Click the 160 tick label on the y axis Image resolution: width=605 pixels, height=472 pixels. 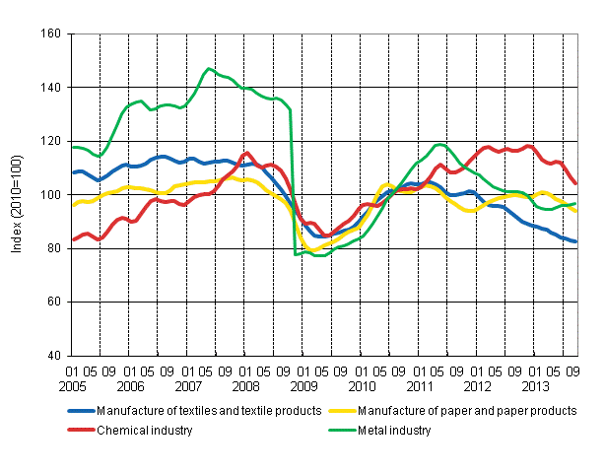pyautogui.click(x=50, y=34)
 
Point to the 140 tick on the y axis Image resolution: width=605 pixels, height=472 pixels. pyautogui.click(x=50, y=88)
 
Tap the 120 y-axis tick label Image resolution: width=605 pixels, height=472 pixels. pyautogui.click(x=50, y=141)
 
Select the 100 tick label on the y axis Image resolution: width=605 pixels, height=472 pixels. pyautogui.click(x=50, y=195)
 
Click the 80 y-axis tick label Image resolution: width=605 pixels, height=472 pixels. pyautogui.click(x=53, y=248)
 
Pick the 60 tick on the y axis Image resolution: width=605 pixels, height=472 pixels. pyautogui.click(x=53, y=302)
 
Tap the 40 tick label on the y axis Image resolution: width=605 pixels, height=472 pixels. pyautogui.click(x=53, y=356)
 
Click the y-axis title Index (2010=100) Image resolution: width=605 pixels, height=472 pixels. pyautogui.click(x=18, y=195)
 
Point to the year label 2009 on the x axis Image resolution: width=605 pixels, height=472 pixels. pyautogui.click(x=304, y=386)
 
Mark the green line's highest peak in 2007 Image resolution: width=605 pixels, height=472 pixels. pyautogui.click(x=208, y=69)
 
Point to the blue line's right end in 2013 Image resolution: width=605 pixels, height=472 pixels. pyautogui.click(x=575, y=241)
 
